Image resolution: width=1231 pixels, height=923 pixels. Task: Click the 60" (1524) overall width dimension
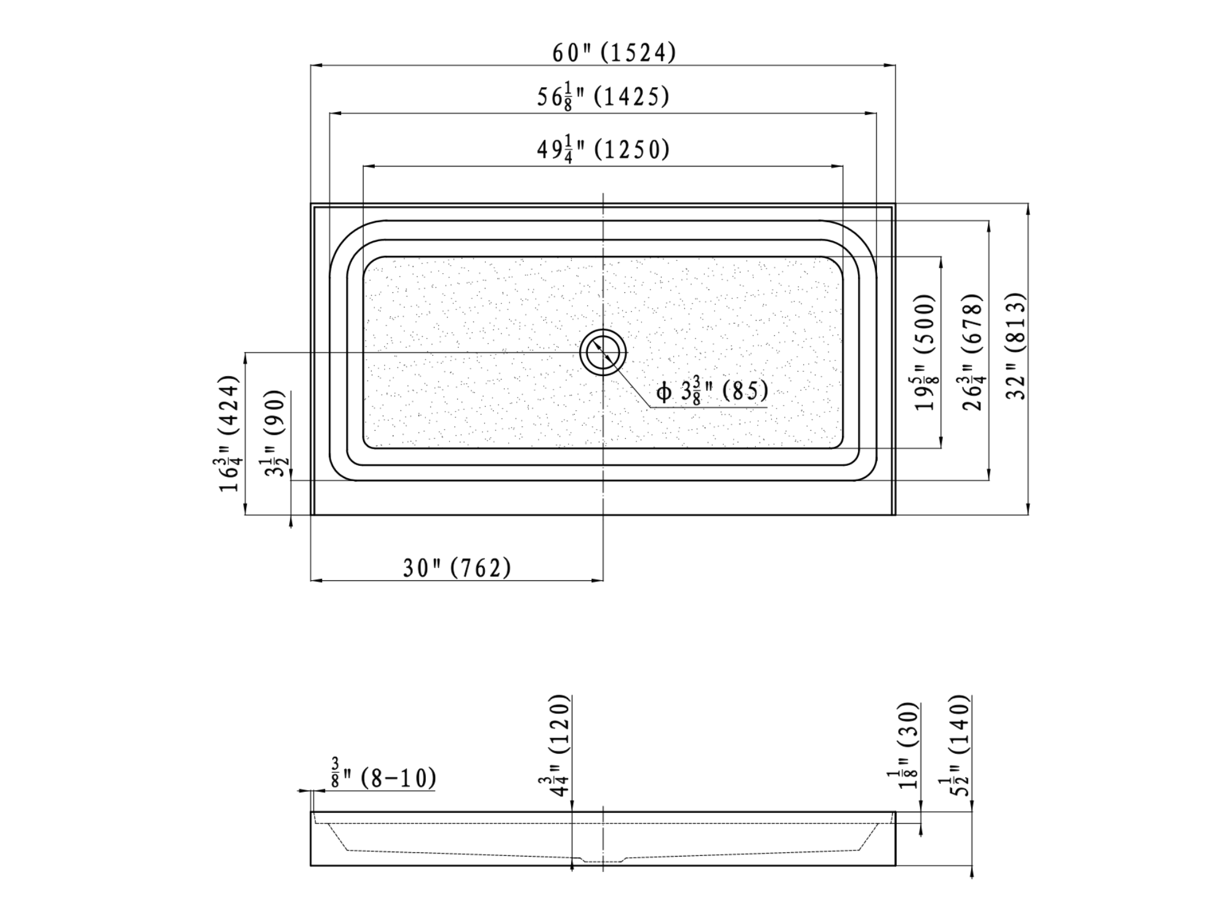coord(614,53)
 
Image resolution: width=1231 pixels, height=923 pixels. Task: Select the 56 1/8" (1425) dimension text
coord(603,97)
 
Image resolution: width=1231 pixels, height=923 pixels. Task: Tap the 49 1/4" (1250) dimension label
coord(603,150)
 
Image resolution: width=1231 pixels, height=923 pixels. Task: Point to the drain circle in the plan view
coord(603,353)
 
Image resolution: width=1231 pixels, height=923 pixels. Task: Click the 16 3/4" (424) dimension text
coord(229,433)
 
